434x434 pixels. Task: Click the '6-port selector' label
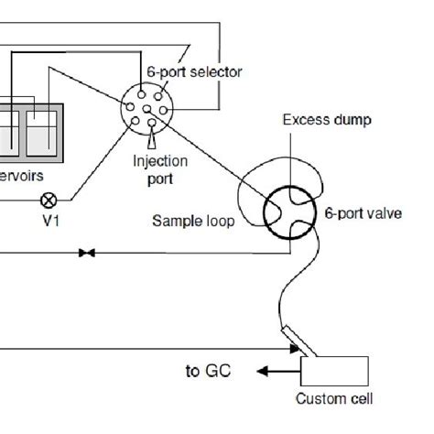tap(194, 71)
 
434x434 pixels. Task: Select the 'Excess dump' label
tap(313, 119)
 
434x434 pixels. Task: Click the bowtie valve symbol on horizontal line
tap(87, 252)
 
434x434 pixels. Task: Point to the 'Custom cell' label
tap(334, 399)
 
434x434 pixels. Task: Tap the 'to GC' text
tap(208, 371)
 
